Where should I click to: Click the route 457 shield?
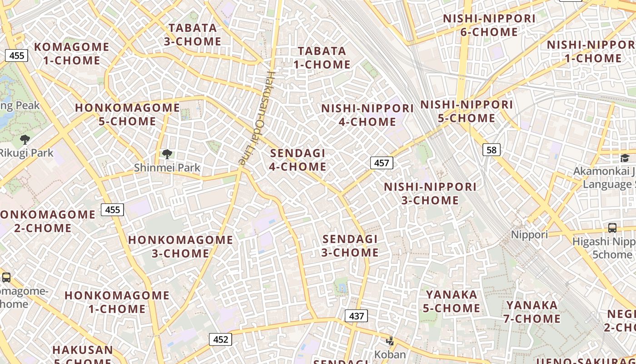[x=381, y=162]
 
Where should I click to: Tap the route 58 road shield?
[x=491, y=150]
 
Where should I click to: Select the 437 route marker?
[x=356, y=315]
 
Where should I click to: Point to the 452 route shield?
[x=220, y=339]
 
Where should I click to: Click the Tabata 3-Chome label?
[x=193, y=35]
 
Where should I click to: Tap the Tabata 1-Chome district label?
[x=322, y=58]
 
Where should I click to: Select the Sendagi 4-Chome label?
[x=298, y=160]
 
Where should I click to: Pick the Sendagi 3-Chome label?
[x=350, y=246]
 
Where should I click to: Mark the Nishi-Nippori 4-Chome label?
[x=367, y=115]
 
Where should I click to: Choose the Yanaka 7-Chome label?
[x=532, y=312]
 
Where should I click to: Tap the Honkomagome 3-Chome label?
[x=180, y=246]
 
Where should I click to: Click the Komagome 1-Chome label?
[x=71, y=53]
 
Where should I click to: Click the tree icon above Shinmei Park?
[x=167, y=154]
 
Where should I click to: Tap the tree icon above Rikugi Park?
[x=25, y=140]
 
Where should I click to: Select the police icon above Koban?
[x=390, y=341]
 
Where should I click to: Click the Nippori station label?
[x=529, y=235]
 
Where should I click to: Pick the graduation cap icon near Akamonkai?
[x=625, y=158]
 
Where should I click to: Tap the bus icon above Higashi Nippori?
[x=612, y=227]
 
